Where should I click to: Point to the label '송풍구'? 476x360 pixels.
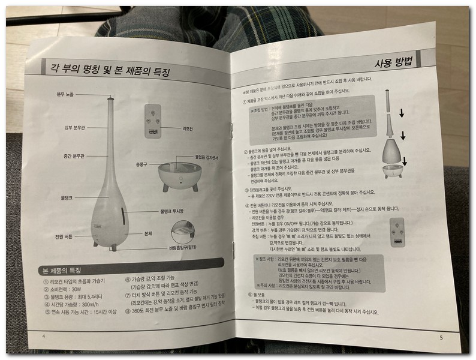pos(141,163)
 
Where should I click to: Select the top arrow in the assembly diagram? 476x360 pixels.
pos(402,113)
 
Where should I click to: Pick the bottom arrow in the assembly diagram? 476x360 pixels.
pos(405,161)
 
